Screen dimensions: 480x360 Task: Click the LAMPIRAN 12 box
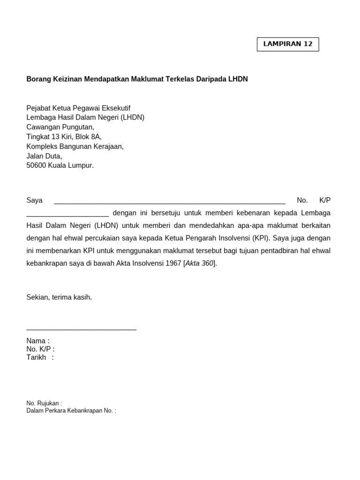point(288,44)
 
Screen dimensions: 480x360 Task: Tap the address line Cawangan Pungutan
point(60,127)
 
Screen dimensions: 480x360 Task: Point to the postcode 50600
point(36,165)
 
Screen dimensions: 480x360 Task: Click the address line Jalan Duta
point(44,156)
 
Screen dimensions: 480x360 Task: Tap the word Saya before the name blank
point(34,200)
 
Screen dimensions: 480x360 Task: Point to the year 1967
point(173,263)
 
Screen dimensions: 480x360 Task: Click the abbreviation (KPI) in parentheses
point(260,238)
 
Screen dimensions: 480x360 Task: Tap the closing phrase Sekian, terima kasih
point(59,297)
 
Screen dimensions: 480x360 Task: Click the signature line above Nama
point(81,330)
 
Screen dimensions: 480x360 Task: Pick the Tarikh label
point(36,358)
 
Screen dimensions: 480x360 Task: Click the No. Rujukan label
point(43,403)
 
